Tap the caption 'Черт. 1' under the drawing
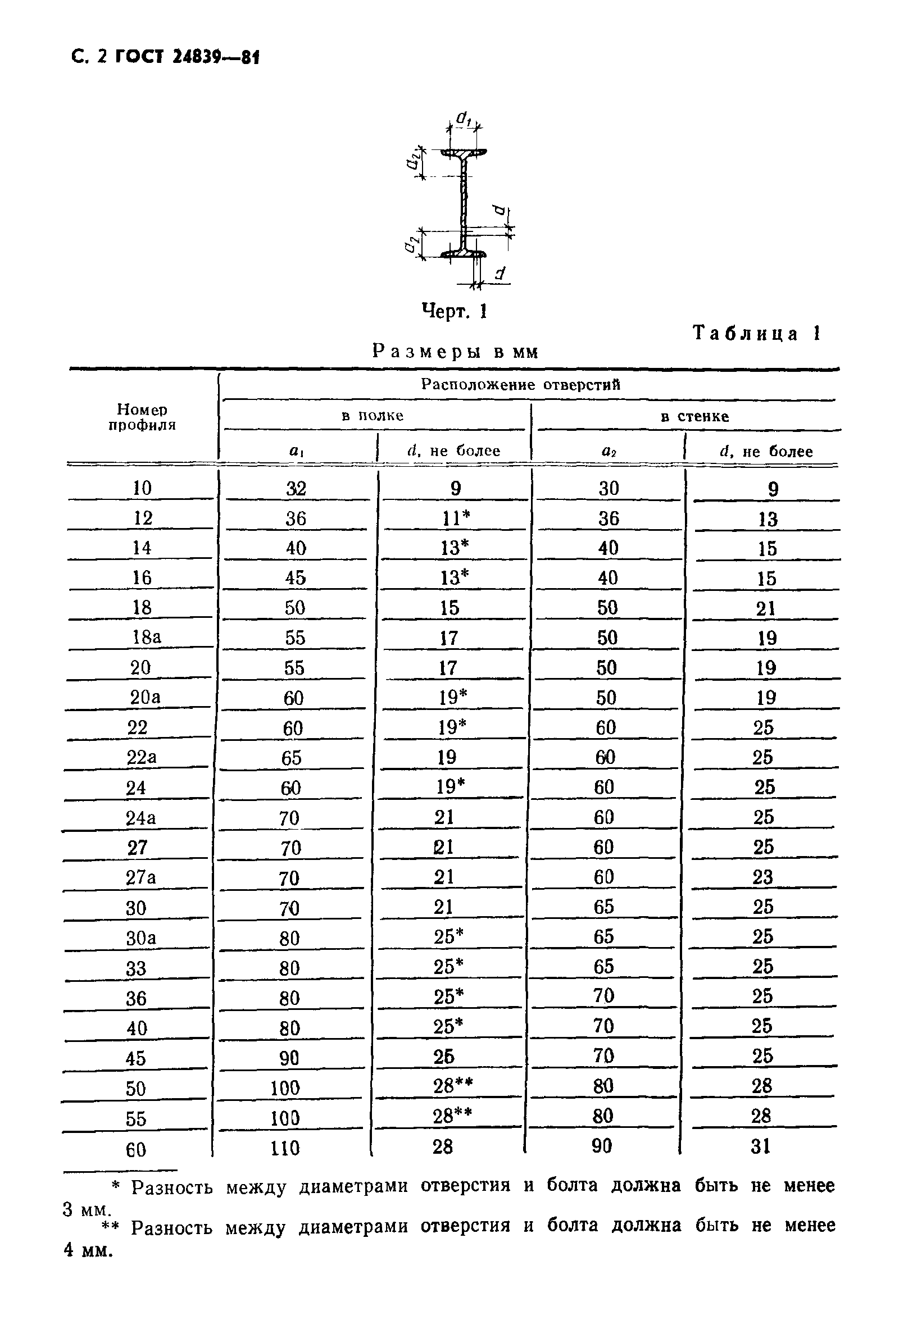point(454,311)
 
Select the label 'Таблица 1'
point(757,334)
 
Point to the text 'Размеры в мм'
point(455,351)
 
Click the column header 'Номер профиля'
point(142,417)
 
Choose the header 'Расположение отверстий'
point(520,384)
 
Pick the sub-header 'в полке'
point(373,416)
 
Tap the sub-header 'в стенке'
point(694,416)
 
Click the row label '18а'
point(147,637)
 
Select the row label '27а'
point(140,877)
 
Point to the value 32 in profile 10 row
point(296,488)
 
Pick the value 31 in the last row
point(761,1146)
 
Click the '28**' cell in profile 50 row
point(452,1085)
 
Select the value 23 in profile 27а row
point(762,877)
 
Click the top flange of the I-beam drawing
point(464,153)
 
